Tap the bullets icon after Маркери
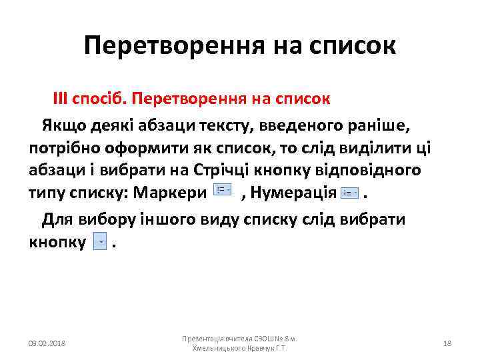click(222, 191)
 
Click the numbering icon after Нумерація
click(350, 193)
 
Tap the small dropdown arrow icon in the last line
click(101, 242)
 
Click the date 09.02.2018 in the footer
click(47, 343)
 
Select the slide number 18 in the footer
click(447, 343)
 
